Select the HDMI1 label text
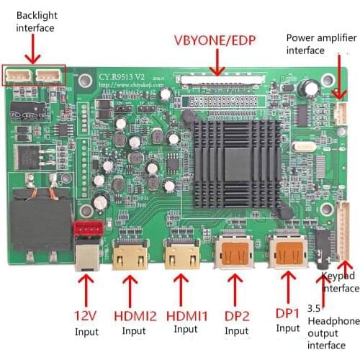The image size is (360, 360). coord(185,315)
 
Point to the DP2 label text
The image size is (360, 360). coord(236,315)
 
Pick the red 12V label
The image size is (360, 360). coord(86,315)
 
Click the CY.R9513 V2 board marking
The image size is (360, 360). coord(122,74)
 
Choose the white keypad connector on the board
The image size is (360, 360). coord(343,230)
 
